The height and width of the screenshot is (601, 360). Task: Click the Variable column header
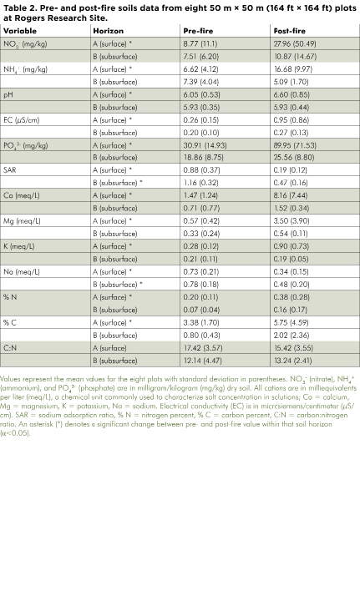tap(20, 30)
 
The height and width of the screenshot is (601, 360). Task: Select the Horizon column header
tap(108, 30)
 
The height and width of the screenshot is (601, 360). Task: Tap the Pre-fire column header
tap(198, 30)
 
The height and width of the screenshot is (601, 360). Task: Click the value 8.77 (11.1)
tap(200, 43)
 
